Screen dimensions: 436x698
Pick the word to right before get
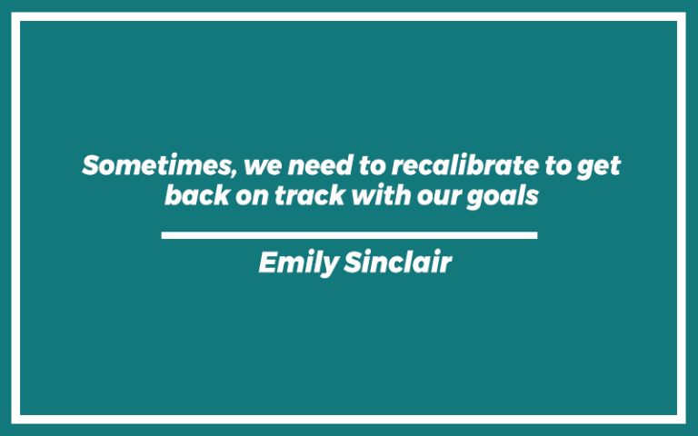553,167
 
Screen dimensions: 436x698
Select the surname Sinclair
397,263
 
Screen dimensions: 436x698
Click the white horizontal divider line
349,235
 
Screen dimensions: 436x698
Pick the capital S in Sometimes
91,166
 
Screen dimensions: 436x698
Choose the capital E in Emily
266,263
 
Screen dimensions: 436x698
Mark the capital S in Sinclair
353,263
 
